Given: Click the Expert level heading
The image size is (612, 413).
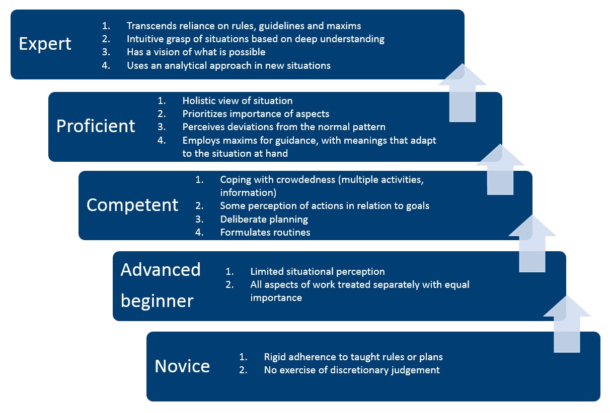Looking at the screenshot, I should click(45, 44).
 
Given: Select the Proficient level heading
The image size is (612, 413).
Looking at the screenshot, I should click(96, 126).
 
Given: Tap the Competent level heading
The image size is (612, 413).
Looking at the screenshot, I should click(132, 204).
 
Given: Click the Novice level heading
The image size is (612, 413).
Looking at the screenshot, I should click(182, 366).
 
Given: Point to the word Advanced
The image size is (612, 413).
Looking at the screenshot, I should click(161, 270).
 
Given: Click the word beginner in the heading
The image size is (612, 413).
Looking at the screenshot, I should click(157, 301).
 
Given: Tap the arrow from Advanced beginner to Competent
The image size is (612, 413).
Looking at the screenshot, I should click(532, 245).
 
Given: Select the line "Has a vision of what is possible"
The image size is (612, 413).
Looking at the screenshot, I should click(196, 52).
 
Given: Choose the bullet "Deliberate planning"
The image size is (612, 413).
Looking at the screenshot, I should click(264, 219).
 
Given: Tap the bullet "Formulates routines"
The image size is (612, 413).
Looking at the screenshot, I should click(265, 232).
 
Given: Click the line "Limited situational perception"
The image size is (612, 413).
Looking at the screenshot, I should click(317, 271).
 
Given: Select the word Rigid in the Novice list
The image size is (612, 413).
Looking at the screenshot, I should click(276, 357).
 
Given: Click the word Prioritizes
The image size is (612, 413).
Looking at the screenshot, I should click(207, 114).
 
